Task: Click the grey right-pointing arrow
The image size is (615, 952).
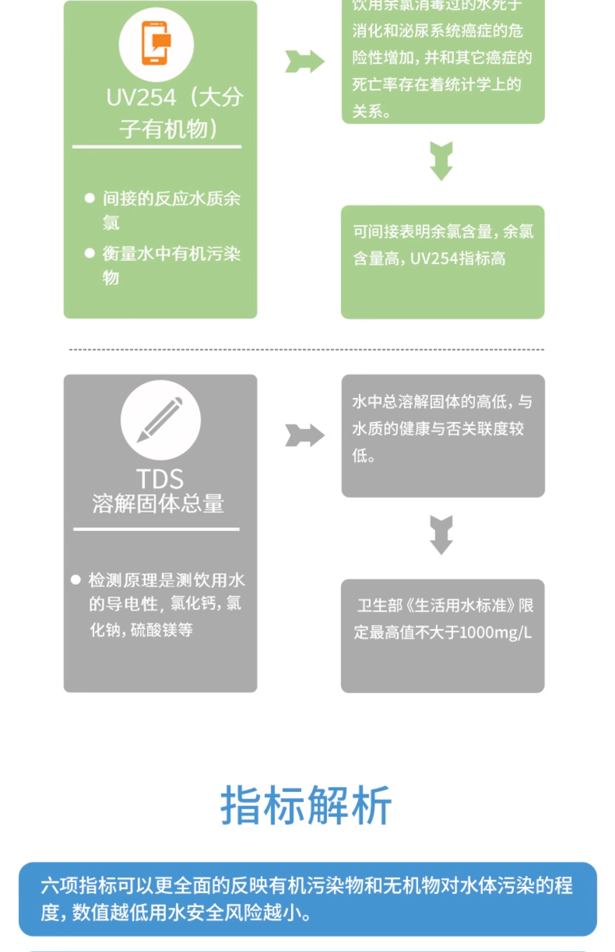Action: [x=305, y=435]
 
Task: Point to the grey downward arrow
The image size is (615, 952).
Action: [x=441, y=535]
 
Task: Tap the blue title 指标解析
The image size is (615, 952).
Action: [x=306, y=805]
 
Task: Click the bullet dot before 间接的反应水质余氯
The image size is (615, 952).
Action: [x=90, y=198]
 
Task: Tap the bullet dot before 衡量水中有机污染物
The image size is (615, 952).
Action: [x=90, y=253]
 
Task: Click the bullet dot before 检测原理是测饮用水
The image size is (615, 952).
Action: [x=75, y=580]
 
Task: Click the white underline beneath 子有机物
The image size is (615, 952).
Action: [x=156, y=147]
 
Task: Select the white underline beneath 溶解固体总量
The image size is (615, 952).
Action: [x=156, y=529]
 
